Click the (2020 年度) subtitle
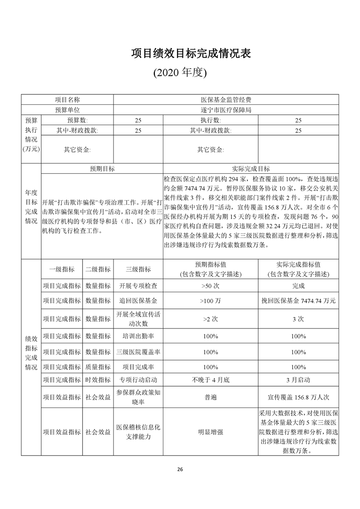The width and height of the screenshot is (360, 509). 180,73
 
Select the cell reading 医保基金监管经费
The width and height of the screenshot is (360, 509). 226,99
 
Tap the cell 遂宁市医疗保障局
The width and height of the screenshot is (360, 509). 226,110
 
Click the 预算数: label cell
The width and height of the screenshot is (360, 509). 77,120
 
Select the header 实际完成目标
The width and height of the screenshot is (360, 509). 251,168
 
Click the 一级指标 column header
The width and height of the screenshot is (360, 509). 62,269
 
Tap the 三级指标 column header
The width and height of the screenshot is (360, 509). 138,269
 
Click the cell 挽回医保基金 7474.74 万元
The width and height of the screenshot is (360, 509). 298,301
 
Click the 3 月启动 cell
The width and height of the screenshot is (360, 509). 298,380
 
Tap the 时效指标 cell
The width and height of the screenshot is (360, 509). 98,380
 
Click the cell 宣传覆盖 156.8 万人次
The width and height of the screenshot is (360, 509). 298,397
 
